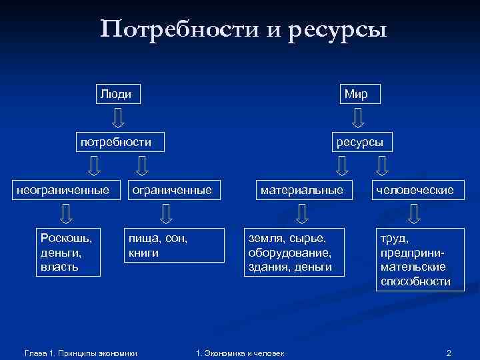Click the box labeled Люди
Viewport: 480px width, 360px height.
click(x=117, y=95)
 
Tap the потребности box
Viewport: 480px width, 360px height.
click(x=117, y=142)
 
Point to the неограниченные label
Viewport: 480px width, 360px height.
click(x=63, y=190)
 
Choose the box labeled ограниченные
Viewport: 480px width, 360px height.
click(x=172, y=190)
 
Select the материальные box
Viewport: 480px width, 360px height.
click(x=302, y=190)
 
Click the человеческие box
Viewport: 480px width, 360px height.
click(x=415, y=190)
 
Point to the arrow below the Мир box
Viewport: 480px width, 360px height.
click(x=358, y=118)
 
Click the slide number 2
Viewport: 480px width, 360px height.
click(x=449, y=352)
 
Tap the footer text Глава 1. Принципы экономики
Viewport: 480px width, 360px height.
click(x=80, y=353)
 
